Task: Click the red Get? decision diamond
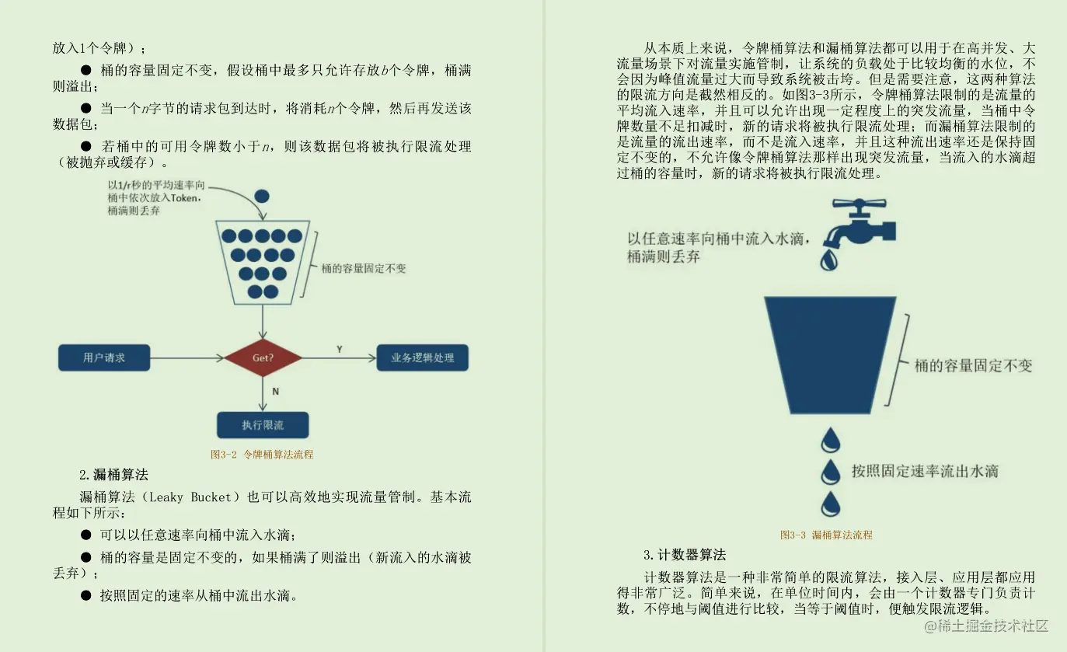point(263,358)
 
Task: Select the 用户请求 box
point(104,357)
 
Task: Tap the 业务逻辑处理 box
point(422,357)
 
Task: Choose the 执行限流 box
point(263,425)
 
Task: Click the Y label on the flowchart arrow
point(339,349)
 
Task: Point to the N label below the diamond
point(275,392)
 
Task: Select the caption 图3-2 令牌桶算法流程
point(262,455)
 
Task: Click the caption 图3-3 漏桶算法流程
point(826,535)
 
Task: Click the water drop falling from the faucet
point(830,259)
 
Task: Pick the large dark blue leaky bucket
point(830,354)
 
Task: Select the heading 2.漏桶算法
point(113,475)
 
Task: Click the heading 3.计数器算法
point(684,555)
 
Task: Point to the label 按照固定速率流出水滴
point(925,471)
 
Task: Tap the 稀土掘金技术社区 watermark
point(987,625)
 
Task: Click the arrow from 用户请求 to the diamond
point(187,358)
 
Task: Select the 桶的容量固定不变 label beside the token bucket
point(364,269)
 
